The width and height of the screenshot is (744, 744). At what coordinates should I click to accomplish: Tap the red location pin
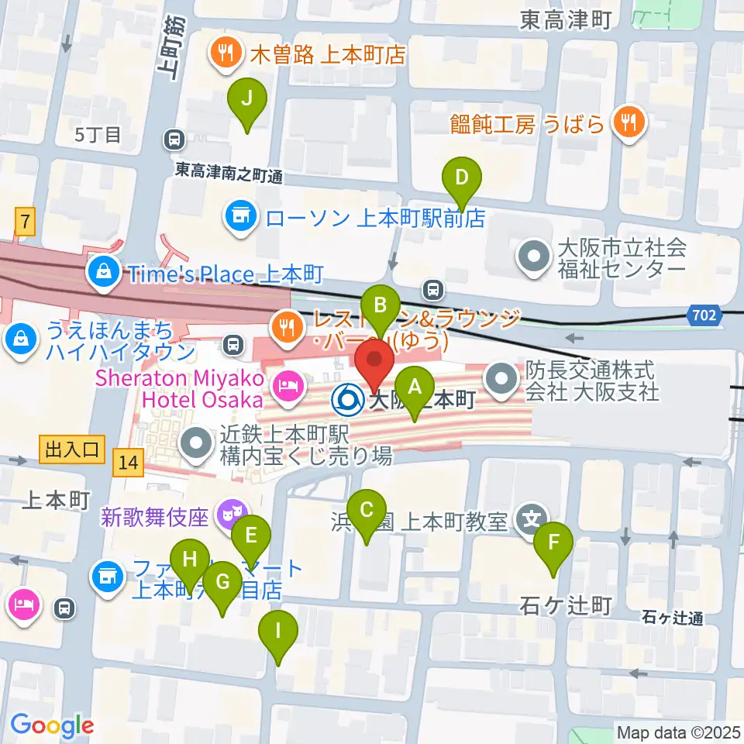click(x=374, y=365)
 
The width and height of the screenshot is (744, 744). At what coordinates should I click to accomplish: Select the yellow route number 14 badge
click(x=128, y=463)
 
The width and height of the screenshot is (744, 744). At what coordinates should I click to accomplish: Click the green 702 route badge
click(x=702, y=314)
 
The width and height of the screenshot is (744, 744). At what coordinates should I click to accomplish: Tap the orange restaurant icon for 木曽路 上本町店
click(x=223, y=54)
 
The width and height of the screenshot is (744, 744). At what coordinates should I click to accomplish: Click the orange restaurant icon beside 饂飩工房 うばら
click(x=628, y=123)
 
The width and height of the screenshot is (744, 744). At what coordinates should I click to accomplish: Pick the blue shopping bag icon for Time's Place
click(x=103, y=272)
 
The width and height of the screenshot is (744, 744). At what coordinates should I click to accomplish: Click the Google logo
click(x=51, y=726)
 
